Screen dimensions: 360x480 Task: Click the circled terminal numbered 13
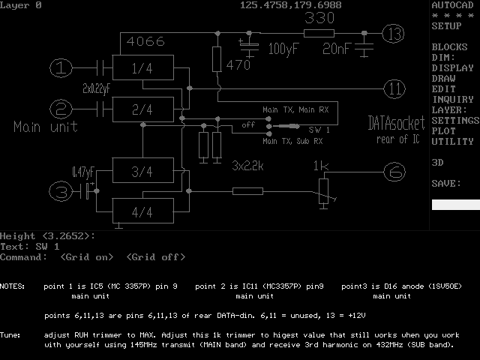392,33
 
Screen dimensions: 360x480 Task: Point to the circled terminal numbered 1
61,69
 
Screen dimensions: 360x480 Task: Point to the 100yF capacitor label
283,49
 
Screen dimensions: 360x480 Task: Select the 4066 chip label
146,42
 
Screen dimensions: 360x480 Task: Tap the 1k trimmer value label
321,166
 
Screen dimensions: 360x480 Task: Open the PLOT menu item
443,130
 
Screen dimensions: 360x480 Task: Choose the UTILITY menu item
452,141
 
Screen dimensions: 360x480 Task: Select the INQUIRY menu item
452,99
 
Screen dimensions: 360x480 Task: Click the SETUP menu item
446,25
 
